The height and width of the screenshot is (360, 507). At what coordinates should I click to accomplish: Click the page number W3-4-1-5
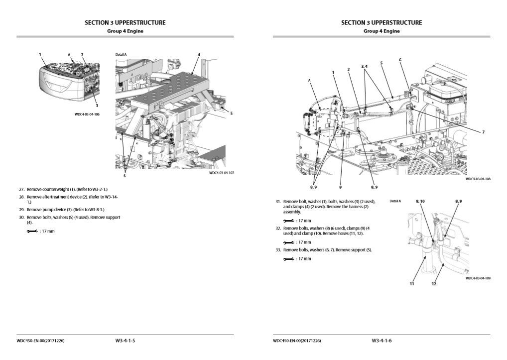[x=125, y=341]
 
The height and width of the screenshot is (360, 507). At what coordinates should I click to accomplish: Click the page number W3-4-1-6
[x=381, y=341]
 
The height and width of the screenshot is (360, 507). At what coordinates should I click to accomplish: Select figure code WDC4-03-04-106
[x=87, y=115]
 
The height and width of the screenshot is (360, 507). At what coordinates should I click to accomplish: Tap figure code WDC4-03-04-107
[x=221, y=173]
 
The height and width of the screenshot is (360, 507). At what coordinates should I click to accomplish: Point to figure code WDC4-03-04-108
[x=478, y=179]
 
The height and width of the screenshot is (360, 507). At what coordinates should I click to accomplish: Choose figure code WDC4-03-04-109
[x=478, y=278]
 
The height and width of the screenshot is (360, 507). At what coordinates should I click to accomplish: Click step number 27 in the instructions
[x=21, y=190]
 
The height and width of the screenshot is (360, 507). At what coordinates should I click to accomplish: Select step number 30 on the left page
[x=21, y=218]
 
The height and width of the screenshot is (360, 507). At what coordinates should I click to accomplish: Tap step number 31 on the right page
[x=278, y=202]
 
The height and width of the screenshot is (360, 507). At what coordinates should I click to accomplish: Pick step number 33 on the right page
[x=278, y=249]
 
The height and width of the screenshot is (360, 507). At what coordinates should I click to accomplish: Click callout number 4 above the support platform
[x=199, y=54]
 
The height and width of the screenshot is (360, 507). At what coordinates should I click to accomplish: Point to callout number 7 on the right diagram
[x=483, y=132]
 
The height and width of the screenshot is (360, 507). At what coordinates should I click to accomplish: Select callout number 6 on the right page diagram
[x=400, y=60]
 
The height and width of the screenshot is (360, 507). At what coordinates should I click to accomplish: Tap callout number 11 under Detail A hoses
[x=412, y=284]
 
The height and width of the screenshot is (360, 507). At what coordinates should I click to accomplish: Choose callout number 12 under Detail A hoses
[x=434, y=284]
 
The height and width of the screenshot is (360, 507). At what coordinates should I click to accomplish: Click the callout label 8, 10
[x=420, y=201]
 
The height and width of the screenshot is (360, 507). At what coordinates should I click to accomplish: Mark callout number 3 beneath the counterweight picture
[x=97, y=106]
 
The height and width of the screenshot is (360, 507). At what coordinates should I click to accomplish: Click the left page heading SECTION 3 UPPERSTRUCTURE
[x=125, y=22]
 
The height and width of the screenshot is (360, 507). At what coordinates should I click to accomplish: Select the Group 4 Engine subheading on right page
[x=381, y=31]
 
